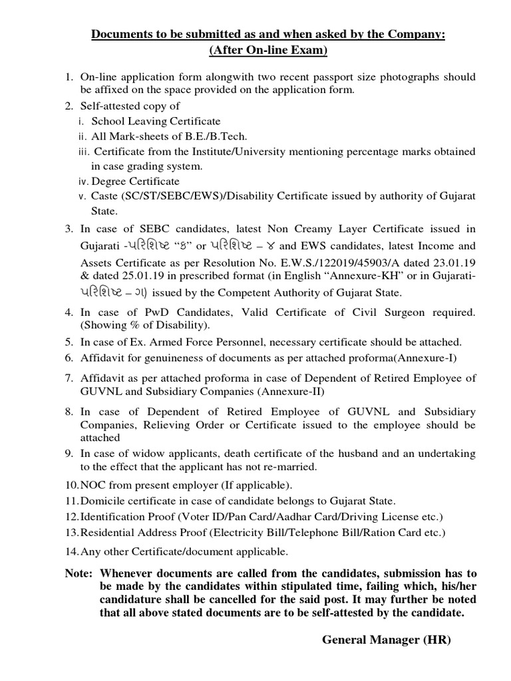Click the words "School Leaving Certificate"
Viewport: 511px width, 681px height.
(x=156, y=121)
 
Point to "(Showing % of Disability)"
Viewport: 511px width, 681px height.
(x=146, y=325)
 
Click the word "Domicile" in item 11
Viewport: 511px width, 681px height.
(x=101, y=501)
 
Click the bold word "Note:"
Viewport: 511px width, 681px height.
(x=79, y=573)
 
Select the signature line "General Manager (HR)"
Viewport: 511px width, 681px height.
(x=386, y=640)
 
